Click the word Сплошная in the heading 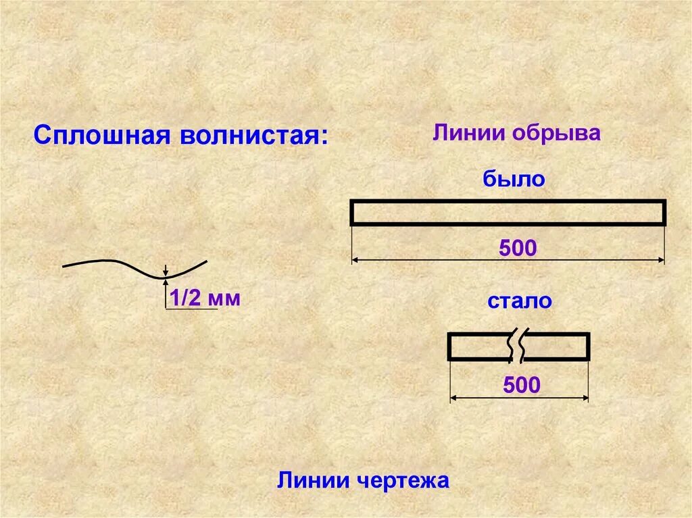101,135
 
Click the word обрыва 556,132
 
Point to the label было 514,180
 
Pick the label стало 520,301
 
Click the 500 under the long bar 518,248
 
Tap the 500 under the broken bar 522,386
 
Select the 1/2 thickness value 187,298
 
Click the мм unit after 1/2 224,299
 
